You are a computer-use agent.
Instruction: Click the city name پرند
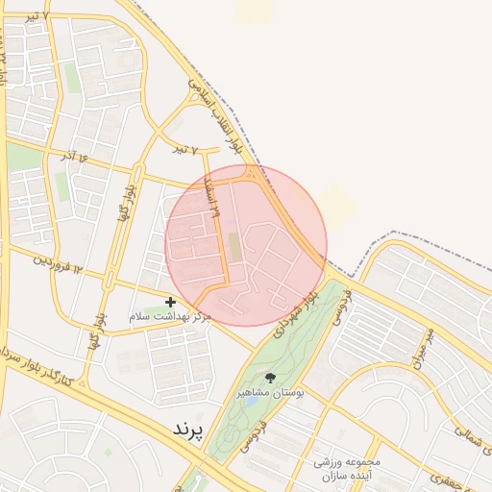(x=188, y=430)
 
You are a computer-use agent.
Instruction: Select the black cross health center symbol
(x=170, y=302)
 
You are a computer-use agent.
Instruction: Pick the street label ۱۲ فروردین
(x=66, y=267)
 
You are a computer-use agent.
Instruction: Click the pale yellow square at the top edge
(x=254, y=10)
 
